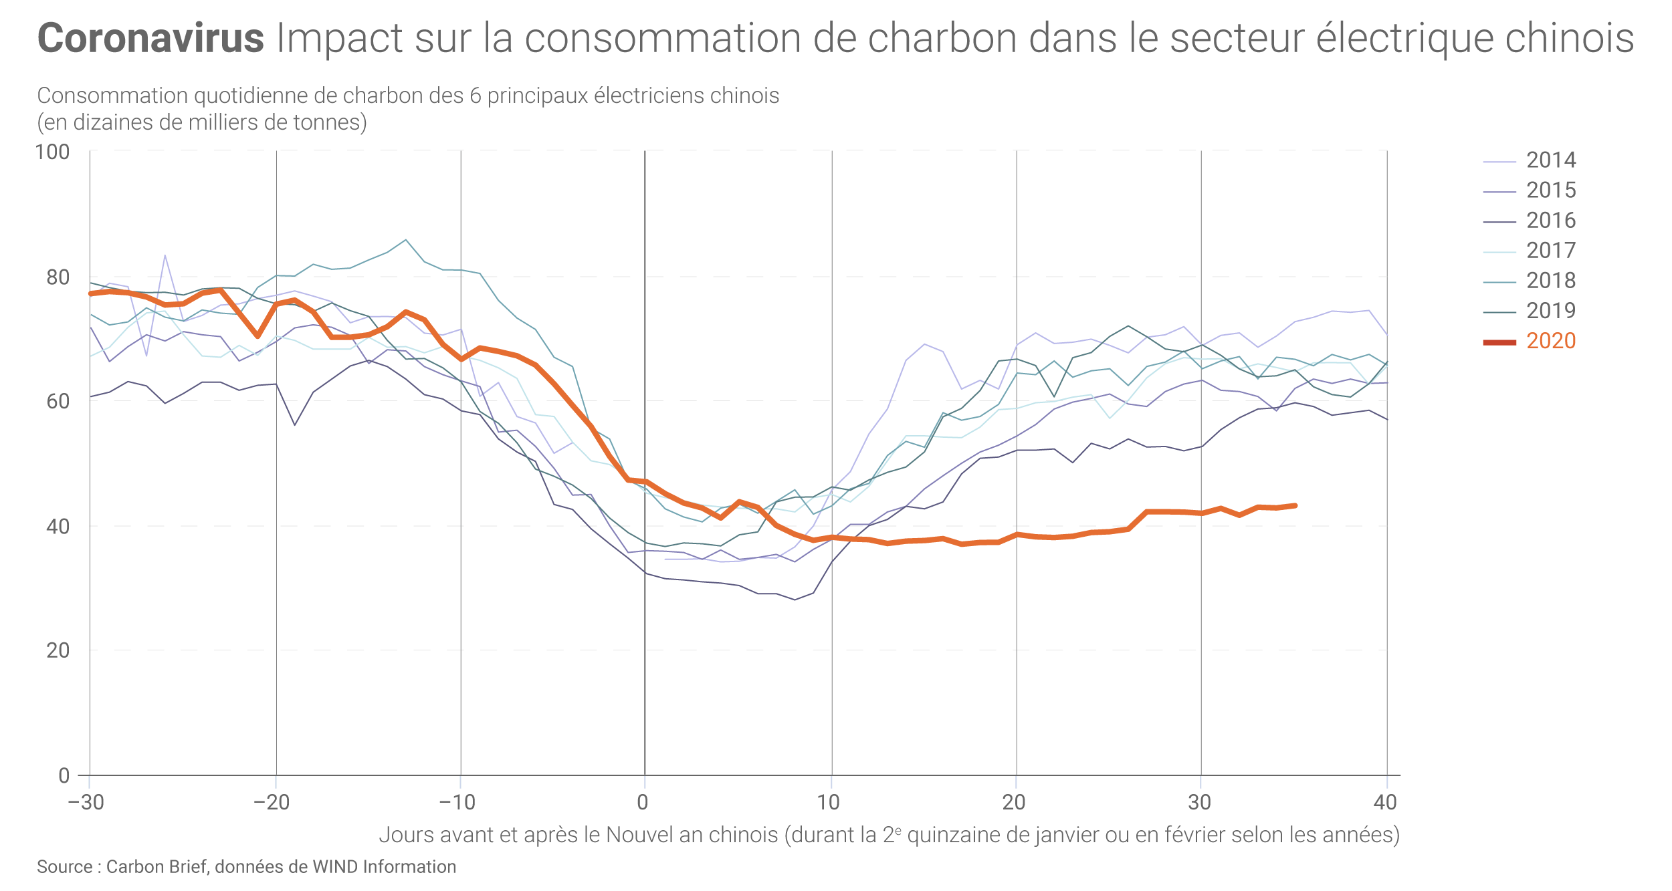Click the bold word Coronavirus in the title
pos(151,38)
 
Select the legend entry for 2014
pos(1551,160)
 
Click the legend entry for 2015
pos(1551,190)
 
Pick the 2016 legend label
pos(1551,221)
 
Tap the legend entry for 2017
pos(1551,251)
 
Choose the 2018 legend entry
pos(1551,281)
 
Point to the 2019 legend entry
pos(1551,311)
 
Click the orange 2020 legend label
pos(1551,341)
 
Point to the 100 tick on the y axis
pos(52,152)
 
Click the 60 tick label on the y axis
pos(58,402)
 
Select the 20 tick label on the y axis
pos(58,650)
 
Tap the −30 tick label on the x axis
pos(86,802)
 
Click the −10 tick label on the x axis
pos(457,802)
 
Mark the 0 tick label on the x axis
pos(643,802)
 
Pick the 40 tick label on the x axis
pos(1385,802)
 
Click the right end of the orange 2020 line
pos(1295,505)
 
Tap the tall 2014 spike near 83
pos(165,256)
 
